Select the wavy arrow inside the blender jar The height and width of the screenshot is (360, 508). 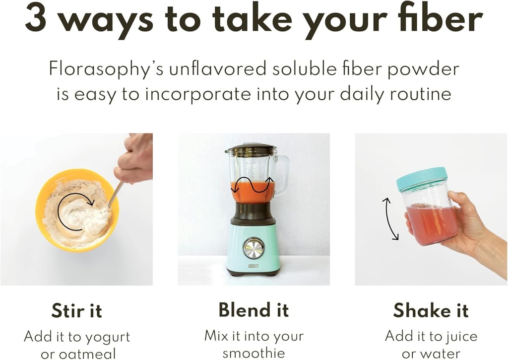click(x=253, y=187)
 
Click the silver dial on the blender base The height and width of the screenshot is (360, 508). click(x=254, y=248)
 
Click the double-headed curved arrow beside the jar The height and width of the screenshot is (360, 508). click(x=390, y=218)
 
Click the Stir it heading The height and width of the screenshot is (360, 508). click(x=76, y=311)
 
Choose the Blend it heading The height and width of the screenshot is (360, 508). click(x=254, y=310)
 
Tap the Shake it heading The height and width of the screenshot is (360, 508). click(x=431, y=310)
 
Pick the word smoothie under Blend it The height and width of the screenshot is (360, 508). click(x=254, y=353)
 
